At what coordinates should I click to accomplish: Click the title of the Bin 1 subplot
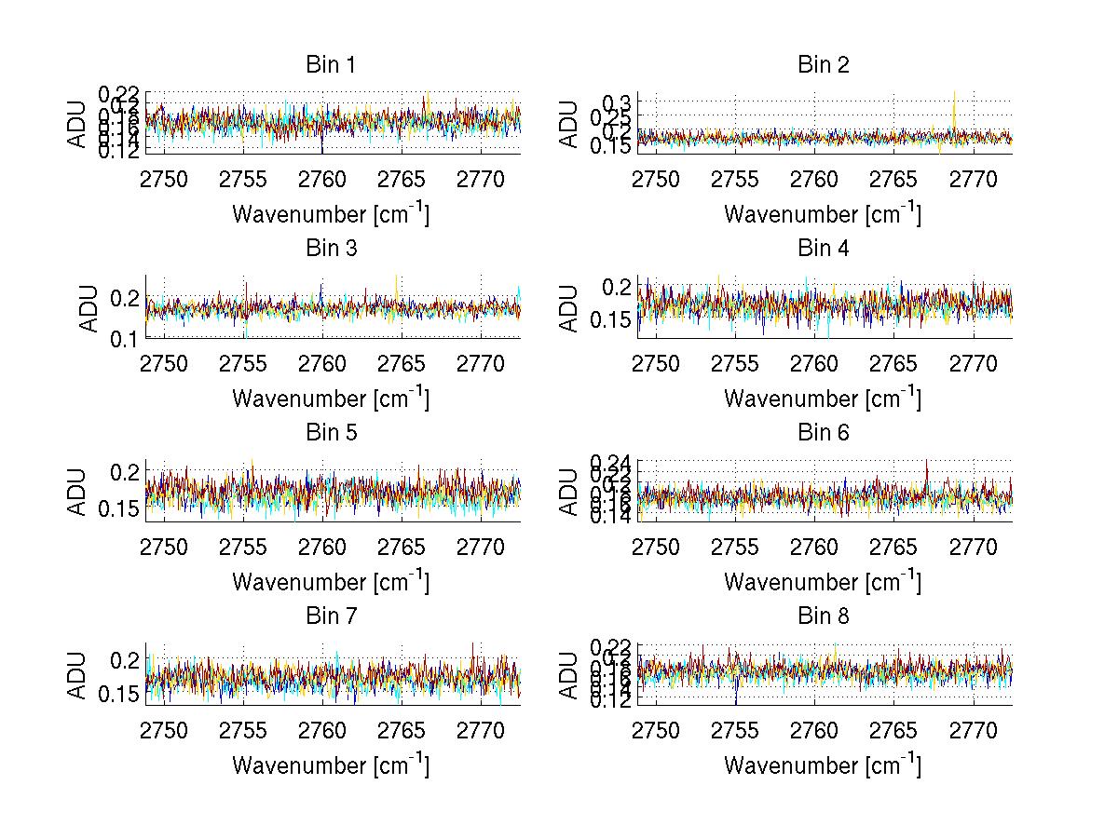click(331, 65)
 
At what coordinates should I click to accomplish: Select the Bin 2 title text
click(823, 65)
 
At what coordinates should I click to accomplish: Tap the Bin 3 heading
click(331, 249)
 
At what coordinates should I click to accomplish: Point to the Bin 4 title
click(823, 249)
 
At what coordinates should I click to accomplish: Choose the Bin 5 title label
click(331, 433)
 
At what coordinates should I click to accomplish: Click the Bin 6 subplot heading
click(823, 433)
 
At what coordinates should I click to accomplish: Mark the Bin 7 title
click(331, 616)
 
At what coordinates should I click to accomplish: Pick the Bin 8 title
click(823, 616)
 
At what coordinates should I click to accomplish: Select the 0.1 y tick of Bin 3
click(124, 339)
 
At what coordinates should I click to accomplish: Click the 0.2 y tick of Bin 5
click(124, 472)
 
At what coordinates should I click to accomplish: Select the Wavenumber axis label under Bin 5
click(331, 582)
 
